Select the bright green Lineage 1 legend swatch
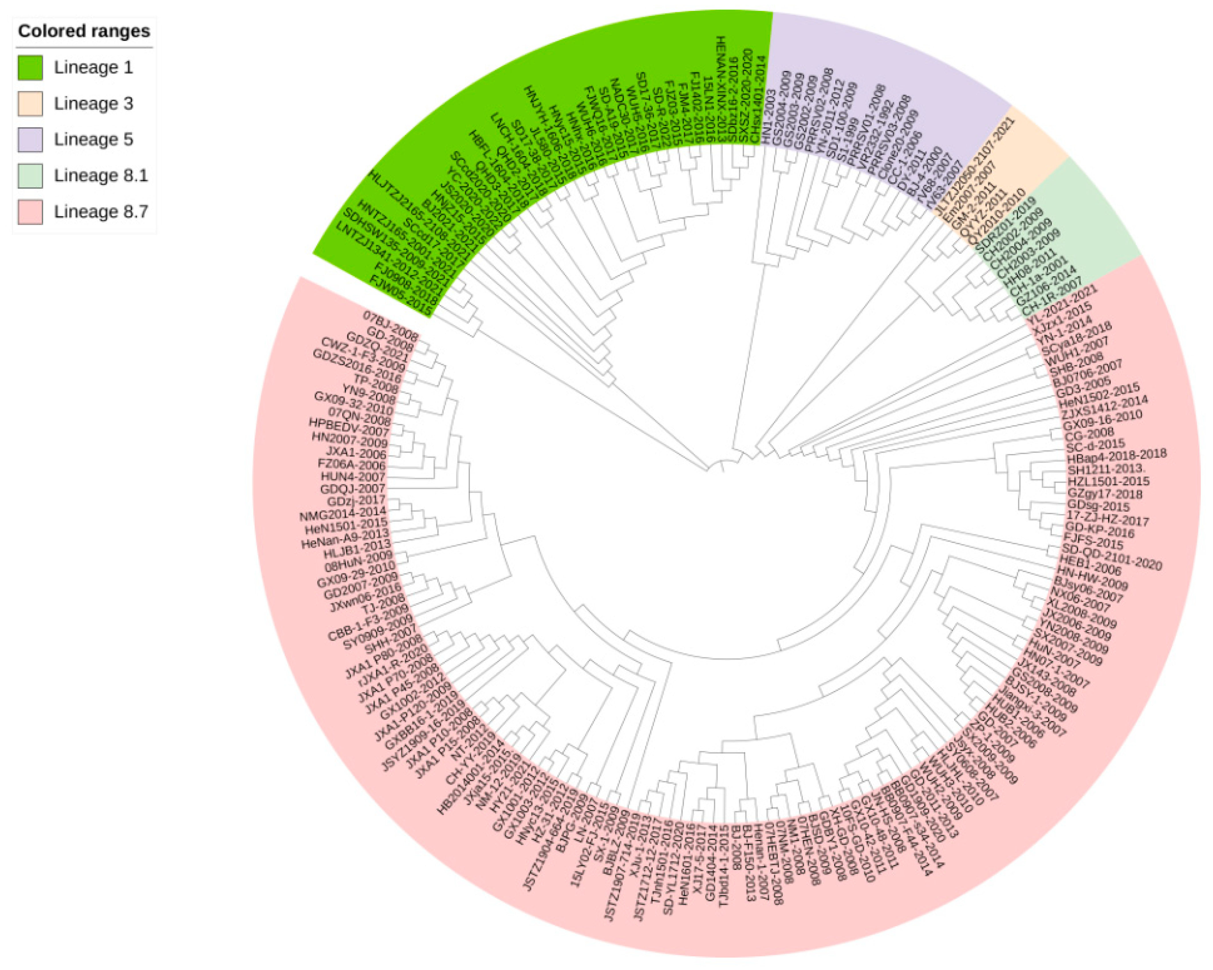click(x=30, y=68)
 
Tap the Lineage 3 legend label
click(x=93, y=104)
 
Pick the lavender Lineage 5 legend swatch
click(x=30, y=140)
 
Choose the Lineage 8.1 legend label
click(x=101, y=176)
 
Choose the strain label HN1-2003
click(x=769, y=117)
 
